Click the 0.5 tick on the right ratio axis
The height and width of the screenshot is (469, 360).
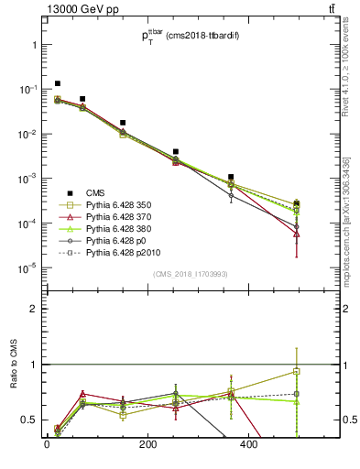click(x=344, y=420)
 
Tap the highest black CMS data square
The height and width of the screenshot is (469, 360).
click(x=58, y=83)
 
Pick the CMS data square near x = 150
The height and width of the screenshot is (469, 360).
click(x=123, y=122)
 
